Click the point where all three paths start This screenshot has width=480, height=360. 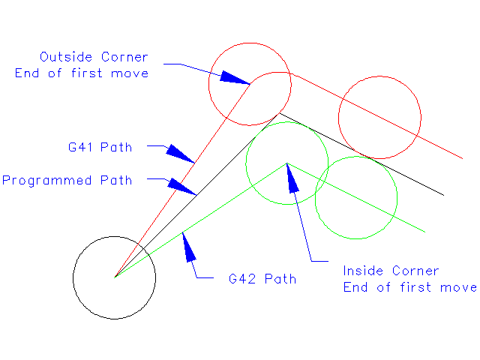coord(114,277)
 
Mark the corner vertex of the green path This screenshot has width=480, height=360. coord(286,163)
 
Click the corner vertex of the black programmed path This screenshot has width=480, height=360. coord(280,113)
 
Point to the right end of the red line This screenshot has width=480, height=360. coord(462,157)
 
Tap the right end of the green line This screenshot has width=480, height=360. coord(425,231)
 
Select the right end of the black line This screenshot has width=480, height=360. coord(444,195)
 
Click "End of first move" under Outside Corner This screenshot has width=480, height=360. coord(82,73)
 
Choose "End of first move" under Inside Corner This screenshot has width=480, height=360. coord(409,287)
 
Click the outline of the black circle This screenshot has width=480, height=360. coord(155,277)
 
